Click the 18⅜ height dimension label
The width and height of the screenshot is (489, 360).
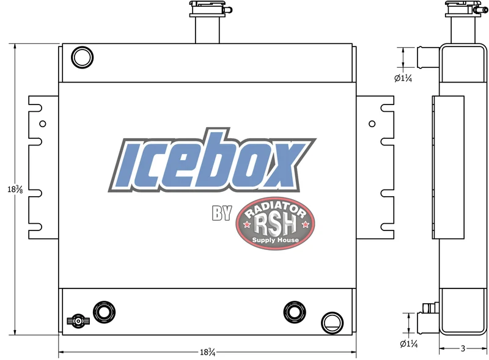tap(15, 189)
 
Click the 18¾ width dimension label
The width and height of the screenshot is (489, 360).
tap(207, 352)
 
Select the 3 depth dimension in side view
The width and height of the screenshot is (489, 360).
tap(463, 348)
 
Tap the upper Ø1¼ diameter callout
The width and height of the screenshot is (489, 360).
tap(403, 78)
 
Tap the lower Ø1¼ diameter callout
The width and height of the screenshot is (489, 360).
tap(408, 343)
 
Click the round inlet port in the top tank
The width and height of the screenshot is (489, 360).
tap(83, 57)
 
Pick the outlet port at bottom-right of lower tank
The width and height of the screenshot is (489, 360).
tap(332, 323)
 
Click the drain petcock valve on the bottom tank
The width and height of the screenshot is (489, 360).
tap(78, 321)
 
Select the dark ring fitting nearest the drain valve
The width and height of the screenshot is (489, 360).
tap(104, 312)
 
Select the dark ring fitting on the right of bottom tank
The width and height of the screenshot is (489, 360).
tap(295, 312)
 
